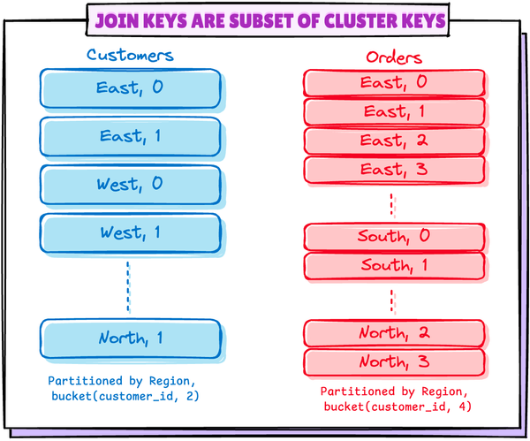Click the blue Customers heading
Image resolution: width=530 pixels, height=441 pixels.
(x=130, y=55)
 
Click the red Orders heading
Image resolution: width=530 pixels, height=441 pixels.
(x=395, y=57)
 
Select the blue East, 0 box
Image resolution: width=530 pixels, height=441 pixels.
(x=130, y=88)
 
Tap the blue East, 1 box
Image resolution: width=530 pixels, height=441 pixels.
(x=130, y=137)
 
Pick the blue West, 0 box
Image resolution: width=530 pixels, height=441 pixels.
(x=130, y=186)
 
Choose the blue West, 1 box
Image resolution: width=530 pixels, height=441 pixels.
(x=130, y=234)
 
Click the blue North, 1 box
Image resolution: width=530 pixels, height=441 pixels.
(x=130, y=338)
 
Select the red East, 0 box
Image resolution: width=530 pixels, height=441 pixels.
(x=395, y=83)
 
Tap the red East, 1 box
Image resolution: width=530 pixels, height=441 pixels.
(x=395, y=112)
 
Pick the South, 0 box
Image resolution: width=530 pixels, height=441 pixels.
(x=395, y=237)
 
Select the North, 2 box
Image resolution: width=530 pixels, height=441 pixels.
(x=395, y=333)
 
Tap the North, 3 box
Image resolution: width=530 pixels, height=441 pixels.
(x=395, y=362)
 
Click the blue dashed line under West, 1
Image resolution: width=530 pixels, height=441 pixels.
(x=128, y=287)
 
